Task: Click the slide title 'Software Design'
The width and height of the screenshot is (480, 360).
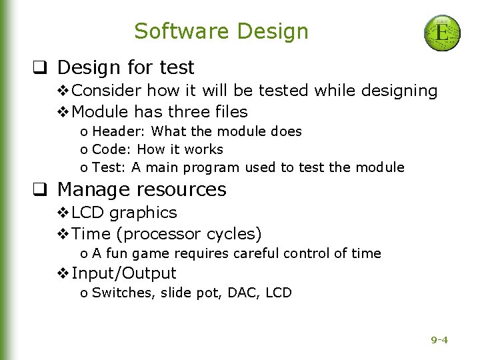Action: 221,31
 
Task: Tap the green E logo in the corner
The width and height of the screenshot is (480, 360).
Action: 442,33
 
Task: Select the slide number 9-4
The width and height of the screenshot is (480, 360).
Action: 439,340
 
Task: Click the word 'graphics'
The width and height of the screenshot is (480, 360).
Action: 143,213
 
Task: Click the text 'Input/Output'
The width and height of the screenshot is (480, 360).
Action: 124,273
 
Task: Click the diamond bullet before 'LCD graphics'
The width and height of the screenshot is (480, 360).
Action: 63,213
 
